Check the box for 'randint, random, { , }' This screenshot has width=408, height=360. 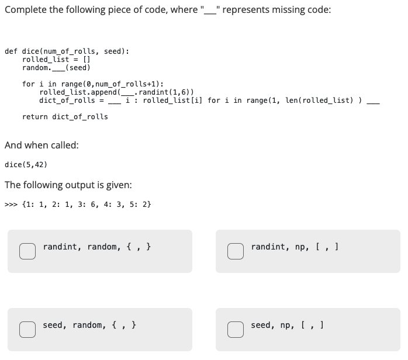point(27,251)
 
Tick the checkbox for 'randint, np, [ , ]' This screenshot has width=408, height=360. point(235,251)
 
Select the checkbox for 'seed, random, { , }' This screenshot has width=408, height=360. point(27,329)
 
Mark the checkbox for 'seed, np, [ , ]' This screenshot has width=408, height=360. point(235,329)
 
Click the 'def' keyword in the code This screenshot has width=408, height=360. point(11,51)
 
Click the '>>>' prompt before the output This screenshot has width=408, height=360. point(11,205)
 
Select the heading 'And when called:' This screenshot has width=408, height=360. point(41,145)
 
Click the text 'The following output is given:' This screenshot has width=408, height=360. point(68,185)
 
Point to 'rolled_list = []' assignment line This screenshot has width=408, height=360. point(56,60)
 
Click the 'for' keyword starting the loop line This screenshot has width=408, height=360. point(28,84)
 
